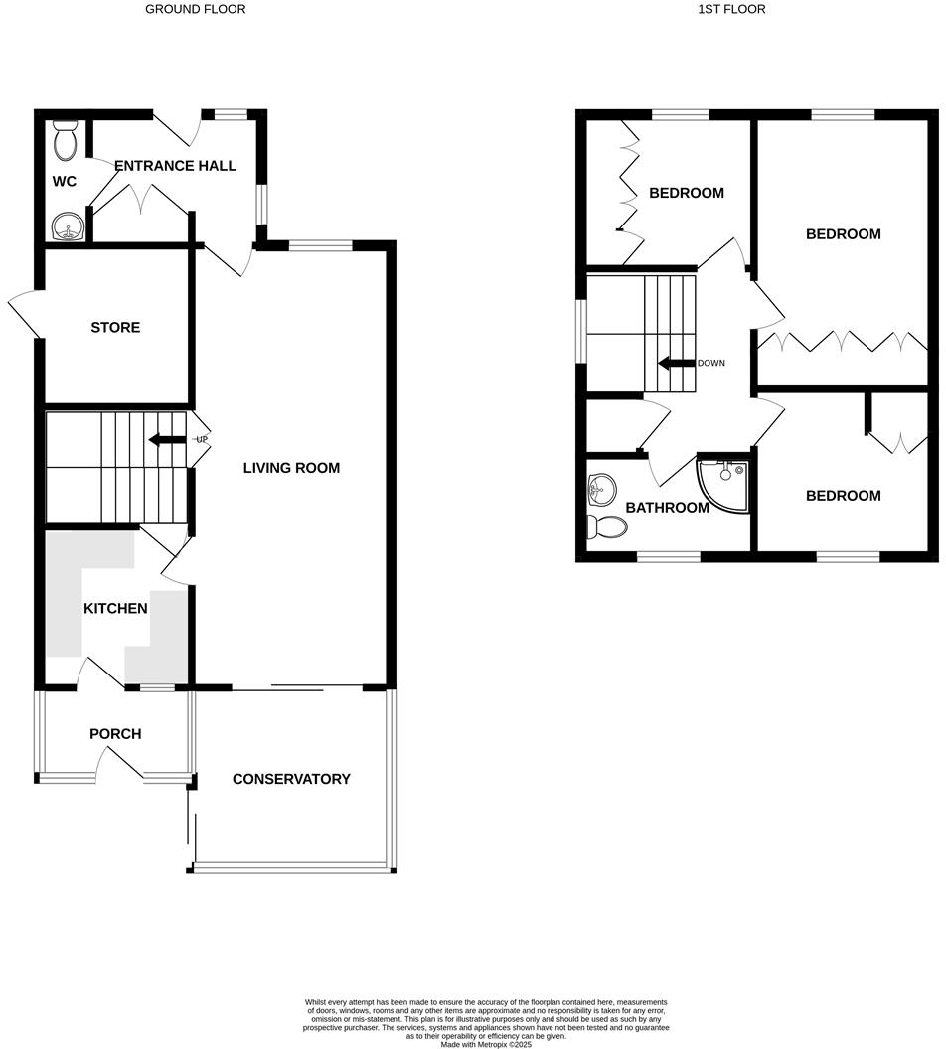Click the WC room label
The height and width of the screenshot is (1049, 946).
64,182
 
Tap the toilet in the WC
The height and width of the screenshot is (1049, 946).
66,141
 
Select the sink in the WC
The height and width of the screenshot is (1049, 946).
68,228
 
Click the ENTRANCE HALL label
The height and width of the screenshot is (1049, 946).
176,166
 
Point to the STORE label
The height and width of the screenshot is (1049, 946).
115,328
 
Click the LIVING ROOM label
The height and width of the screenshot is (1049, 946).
291,468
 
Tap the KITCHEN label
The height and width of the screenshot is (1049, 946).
115,609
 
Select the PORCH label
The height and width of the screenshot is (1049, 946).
115,734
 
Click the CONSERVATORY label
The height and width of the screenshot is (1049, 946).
291,779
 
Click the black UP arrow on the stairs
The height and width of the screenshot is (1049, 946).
166,439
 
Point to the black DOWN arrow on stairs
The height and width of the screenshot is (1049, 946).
675,363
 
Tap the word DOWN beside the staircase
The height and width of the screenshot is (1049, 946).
711,363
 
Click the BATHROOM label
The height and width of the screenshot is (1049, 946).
667,508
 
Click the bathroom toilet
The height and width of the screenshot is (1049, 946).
605,525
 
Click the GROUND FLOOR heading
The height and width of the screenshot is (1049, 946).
196,9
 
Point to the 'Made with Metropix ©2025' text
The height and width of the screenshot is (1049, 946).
486,1044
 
